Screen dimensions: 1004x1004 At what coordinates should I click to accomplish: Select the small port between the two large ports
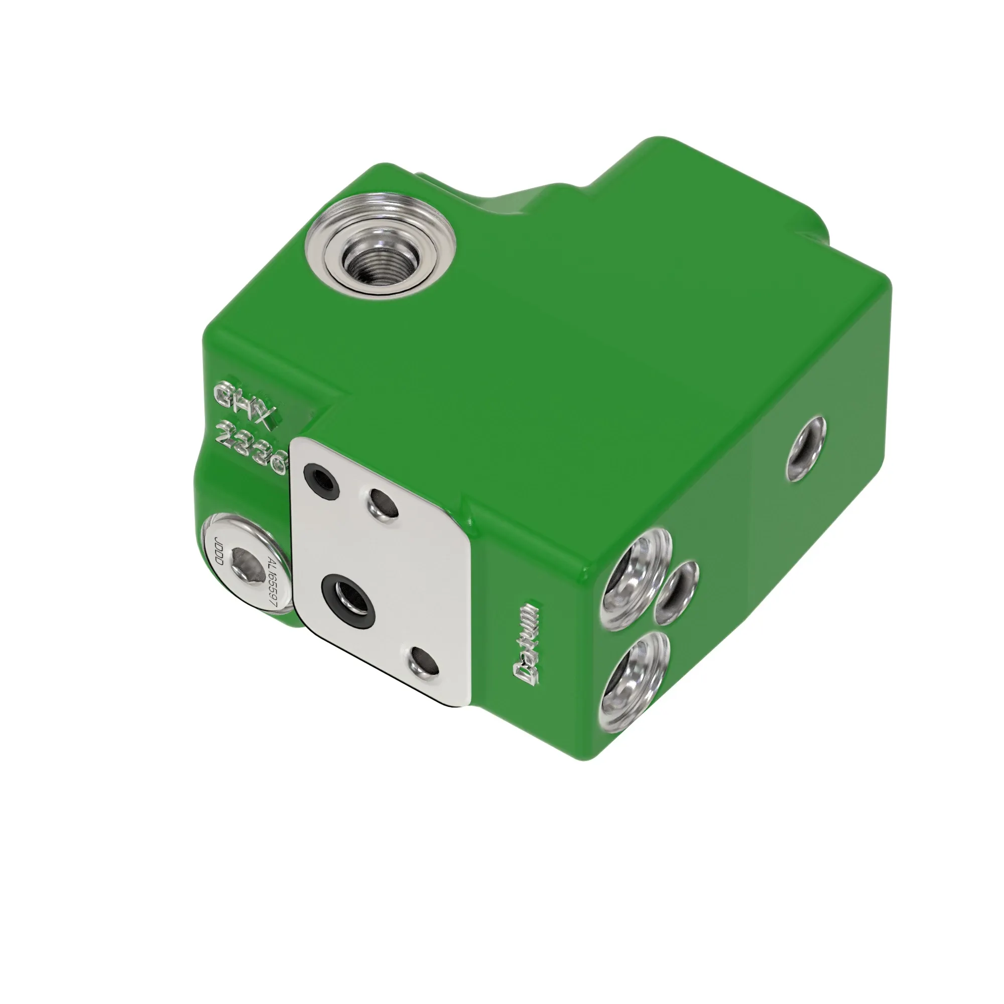coord(676,594)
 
